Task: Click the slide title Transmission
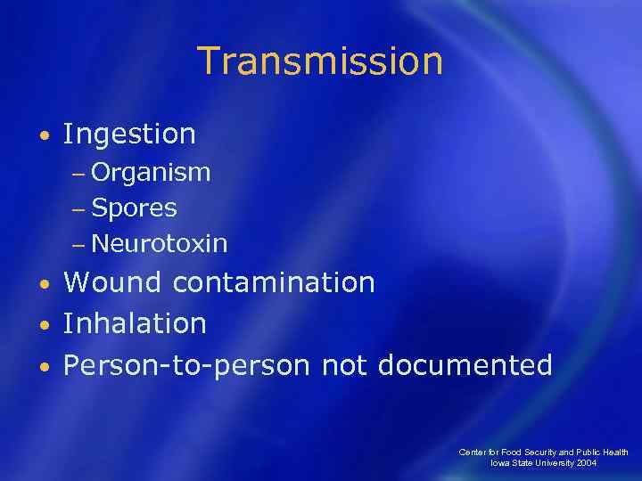pos(320,61)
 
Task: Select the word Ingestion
pos(129,135)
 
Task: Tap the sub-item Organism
pos(151,172)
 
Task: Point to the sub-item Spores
pos(134,208)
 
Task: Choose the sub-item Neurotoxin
pos(159,243)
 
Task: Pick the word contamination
pos(274,282)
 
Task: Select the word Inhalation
pos(135,323)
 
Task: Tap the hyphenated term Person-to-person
pos(186,365)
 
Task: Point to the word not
pos(345,365)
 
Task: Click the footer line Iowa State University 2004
pos(545,464)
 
